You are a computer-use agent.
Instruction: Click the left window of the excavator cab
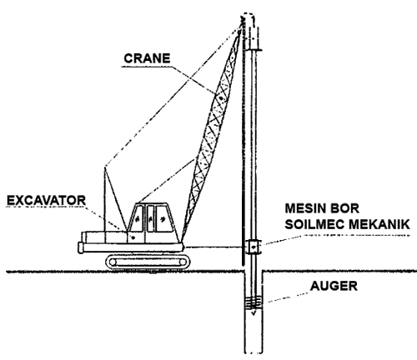tap(134, 219)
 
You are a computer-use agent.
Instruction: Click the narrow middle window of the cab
tap(152, 219)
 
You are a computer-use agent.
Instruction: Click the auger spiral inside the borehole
tap(253, 303)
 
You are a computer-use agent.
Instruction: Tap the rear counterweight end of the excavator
tap(83, 247)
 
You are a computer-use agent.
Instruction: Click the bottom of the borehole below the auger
tap(253, 346)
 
